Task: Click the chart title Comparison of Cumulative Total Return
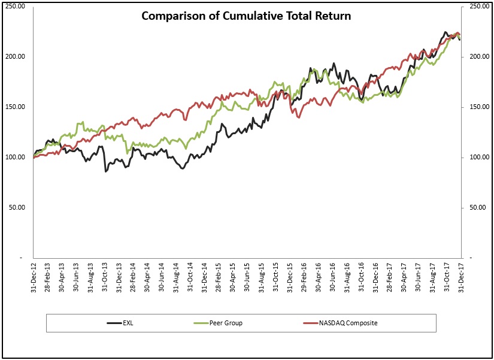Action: pos(246,16)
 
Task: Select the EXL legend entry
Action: pos(128,323)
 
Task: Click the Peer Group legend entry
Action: pos(226,323)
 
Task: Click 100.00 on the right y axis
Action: pos(475,157)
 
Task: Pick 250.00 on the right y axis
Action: pos(475,6)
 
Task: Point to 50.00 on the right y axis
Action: pos(474,207)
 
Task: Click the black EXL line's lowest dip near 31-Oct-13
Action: pos(106,171)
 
